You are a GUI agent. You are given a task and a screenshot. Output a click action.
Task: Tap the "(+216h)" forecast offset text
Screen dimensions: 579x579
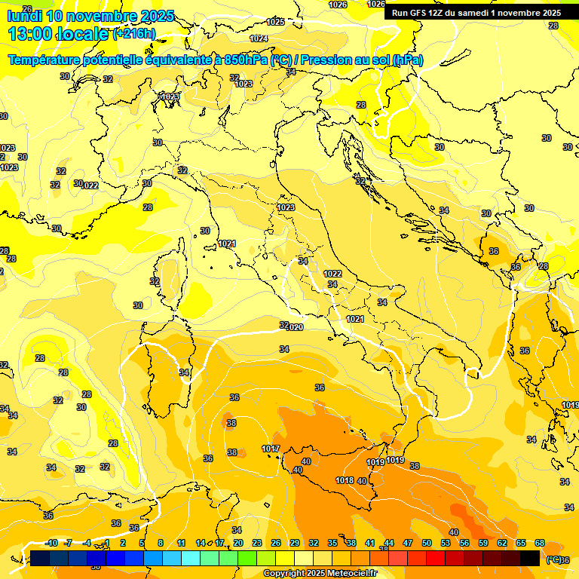click(133, 34)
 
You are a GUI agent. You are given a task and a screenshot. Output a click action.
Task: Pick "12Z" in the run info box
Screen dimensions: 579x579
click(436, 13)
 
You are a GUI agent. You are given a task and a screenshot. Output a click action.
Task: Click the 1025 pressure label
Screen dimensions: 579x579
click(276, 22)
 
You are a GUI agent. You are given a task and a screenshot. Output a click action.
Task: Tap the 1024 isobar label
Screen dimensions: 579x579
click(259, 38)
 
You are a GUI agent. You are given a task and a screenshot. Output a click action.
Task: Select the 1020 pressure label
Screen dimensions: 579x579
click(294, 327)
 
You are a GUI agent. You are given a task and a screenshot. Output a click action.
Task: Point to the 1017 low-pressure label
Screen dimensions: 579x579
click(271, 449)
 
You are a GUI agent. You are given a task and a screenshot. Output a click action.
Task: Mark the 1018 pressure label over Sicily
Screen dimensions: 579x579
click(345, 480)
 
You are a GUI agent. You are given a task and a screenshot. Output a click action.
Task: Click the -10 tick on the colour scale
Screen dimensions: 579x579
click(51, 543)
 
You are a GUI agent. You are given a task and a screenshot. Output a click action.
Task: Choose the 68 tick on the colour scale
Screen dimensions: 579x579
click(540, 543)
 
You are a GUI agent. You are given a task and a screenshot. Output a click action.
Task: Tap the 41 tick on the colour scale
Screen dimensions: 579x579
click(370, 543)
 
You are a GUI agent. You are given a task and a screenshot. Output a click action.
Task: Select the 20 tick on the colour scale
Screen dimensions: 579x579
click(238, 543)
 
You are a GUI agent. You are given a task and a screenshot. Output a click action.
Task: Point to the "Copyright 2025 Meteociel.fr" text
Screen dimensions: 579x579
click(320, 573)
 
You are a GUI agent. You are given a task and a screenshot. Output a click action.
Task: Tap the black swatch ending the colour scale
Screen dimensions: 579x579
click(530, 558)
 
